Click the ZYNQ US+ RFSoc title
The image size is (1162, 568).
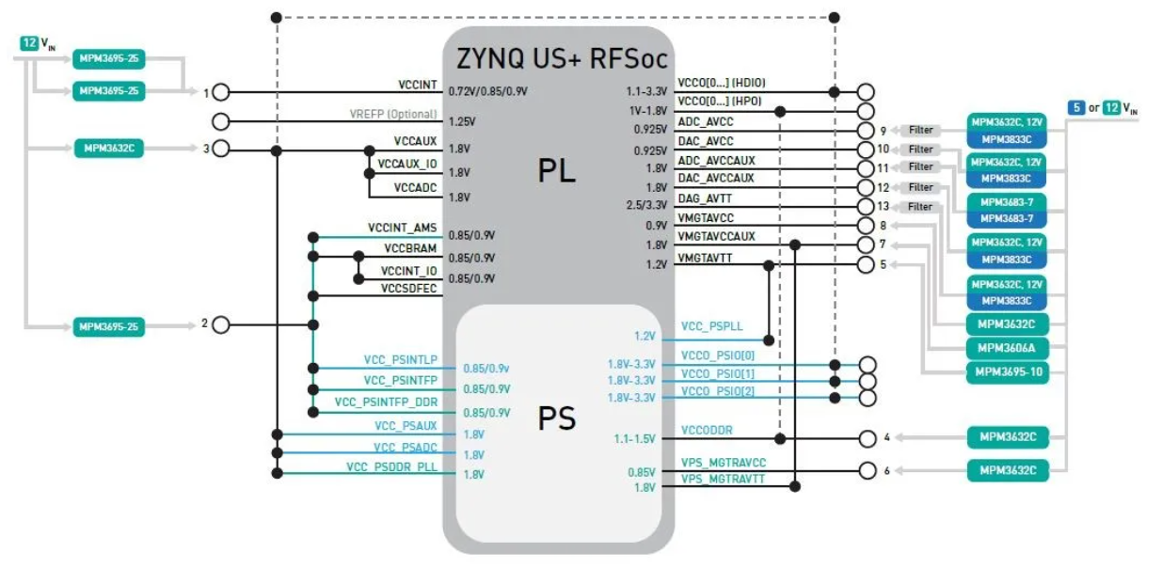pyautogui.click(x=562, y=58)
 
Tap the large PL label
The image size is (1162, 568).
pyautogui.click(x=557, y=170)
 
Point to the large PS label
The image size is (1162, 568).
pyautogui.click(x=557, y=418)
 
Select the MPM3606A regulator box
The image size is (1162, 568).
pyautogui.click(x=1007, y=348)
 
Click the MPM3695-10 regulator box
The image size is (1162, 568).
pyautogui.click(x=1007, y=372)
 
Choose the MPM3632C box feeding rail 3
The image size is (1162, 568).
pyautogui.click(x=109, y=149)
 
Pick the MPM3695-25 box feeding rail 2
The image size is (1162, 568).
pyautogui.click(x=108, y=327)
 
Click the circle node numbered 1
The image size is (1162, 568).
pyautogui.click(x=221, y=92)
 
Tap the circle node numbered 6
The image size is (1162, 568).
pyautogui.click(x=868, y=470)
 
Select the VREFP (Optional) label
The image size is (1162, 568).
pyautogui.click(x=392, y=114)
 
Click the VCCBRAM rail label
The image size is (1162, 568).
pyautogui.click(x=410, y=248)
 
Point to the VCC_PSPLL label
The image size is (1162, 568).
pyautogui.click(x=711, y=326)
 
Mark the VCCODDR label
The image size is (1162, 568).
pyautogui.click(x=707, y=430)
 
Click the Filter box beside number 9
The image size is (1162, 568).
pyautogui.click(x=921, y=130)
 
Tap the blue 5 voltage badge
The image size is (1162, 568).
pyautogui.click(x=1076, y=107)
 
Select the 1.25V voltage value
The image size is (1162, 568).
pyautogui.click(x=462, y=121)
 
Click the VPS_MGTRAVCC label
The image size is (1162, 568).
pyautogui.click(x=724, y=463)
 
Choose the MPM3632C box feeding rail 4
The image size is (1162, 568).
pyautogui.click(x=1008, y=437)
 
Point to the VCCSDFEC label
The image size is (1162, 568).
pyautogui.click(x=408, y=288)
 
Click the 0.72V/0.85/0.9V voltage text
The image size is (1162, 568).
pyautogui.click(x=487, y=91)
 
